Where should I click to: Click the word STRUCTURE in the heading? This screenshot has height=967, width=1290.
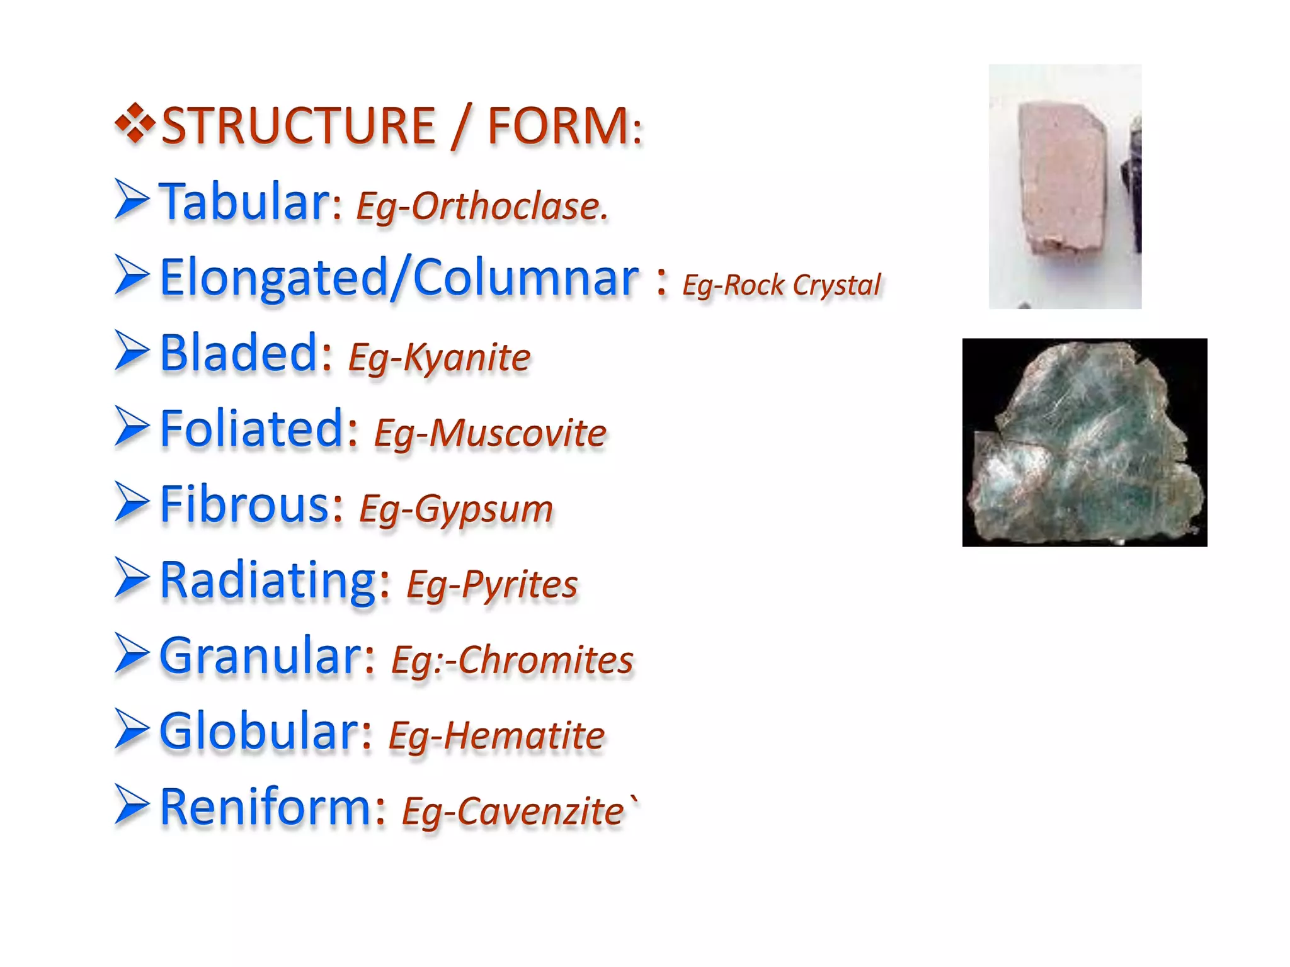[298, 126]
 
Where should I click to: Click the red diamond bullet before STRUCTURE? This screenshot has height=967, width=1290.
[135, 123]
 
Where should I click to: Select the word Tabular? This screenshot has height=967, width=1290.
[244, 202]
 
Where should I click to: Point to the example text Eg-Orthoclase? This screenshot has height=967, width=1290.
[482, 206]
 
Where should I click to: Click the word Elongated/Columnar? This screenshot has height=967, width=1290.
[399, 278]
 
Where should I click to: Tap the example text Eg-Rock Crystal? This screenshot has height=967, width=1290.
[782, 285]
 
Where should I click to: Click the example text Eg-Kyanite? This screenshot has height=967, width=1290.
[439, 358]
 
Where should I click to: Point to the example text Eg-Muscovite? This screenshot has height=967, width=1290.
[489, 434]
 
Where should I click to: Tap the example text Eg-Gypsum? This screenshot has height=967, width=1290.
[455, 509]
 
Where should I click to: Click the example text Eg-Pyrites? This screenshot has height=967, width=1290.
[492, 585]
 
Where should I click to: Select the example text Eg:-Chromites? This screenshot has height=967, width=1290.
[512, 660]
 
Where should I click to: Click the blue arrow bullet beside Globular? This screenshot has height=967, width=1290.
[132, 730]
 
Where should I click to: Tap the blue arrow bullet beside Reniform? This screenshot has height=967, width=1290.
[132, 805]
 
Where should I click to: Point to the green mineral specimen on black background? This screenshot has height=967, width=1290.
[1084, 443]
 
